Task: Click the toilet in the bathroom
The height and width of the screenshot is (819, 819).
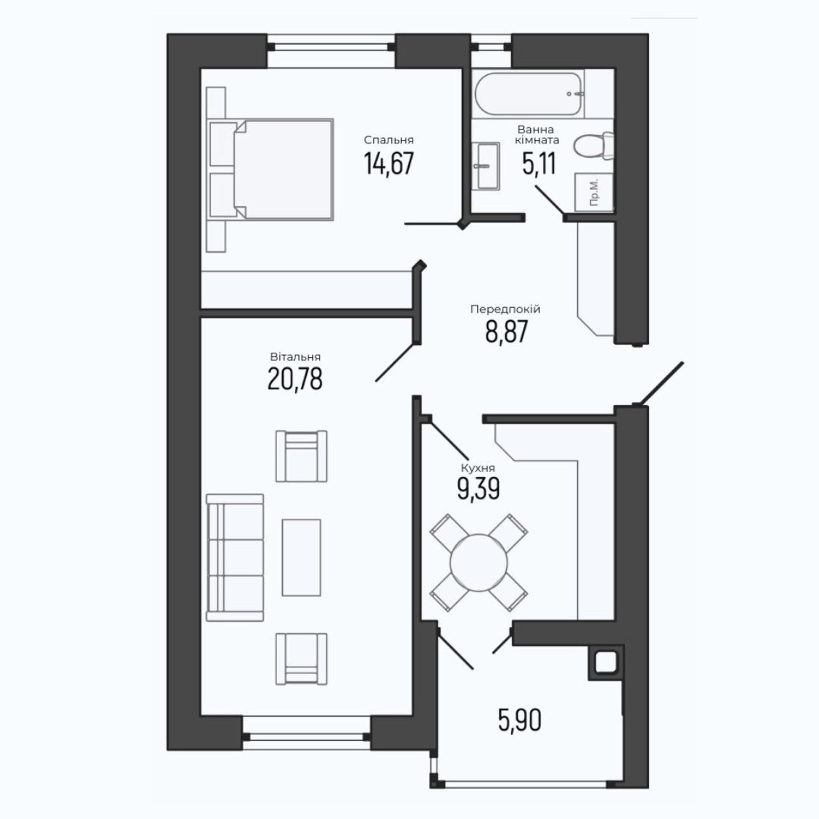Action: pyautogui.click(x=594, y=146)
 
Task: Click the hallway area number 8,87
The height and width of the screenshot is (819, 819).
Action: pyautogui.click(x=506, y=332)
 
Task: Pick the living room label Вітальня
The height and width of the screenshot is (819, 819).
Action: pyautogui.click(x=295, y=357)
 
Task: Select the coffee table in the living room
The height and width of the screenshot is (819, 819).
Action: pyautogui.click(x=301, y=558)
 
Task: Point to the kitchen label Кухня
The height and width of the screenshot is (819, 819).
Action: pyautogui.click(x=478, y=468)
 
